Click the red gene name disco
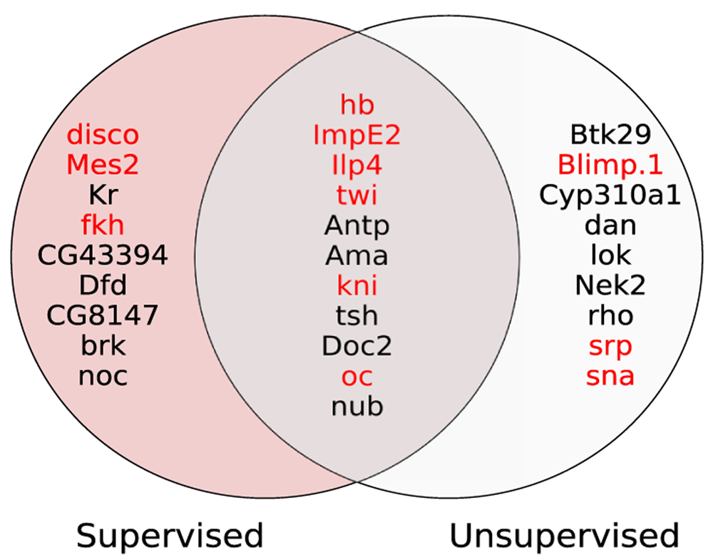(x=103, y=135)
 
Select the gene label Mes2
(x=103, y=165)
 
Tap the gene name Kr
(x=103, y=195)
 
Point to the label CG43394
(x=103, y=255)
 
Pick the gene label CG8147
(x=102, y=315)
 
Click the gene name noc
(x=103, y=376)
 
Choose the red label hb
(x=357, y=104)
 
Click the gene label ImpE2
(x=357, y=136)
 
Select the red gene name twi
(x=357, y=195)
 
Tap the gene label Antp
(x=357, y=226)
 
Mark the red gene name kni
(x=357, y=285)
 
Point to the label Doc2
(x=357, y=346)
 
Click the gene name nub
(x=357, y=406)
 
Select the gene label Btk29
(x=611, y=135)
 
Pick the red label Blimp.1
(x=610, y=166)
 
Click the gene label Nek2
(x=610, y=285)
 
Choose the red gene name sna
(x=610, y=376)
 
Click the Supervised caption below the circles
(x=170, y=536)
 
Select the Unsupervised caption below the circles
(x=564, y=536)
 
